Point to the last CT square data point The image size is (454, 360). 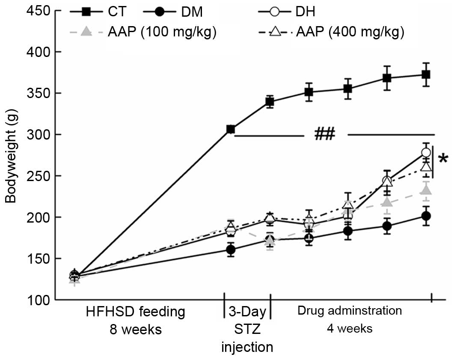coord(426,74)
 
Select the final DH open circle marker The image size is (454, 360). coord(426,152)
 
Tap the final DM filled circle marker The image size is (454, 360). coord(426,216)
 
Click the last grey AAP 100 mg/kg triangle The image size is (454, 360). coord(426,190)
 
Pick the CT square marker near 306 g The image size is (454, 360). coord(231,129)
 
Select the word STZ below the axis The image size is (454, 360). coord(247,330)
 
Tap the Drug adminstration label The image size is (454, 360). coord(350,310)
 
